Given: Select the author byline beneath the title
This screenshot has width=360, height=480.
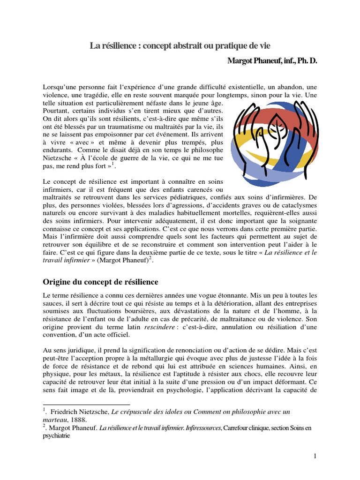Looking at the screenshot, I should (272, 61).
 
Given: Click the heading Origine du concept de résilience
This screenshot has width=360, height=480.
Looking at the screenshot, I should (101, 282).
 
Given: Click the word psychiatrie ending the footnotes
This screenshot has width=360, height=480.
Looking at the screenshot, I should (56, 435).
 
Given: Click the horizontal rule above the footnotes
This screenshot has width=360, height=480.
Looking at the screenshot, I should (86, 405).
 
